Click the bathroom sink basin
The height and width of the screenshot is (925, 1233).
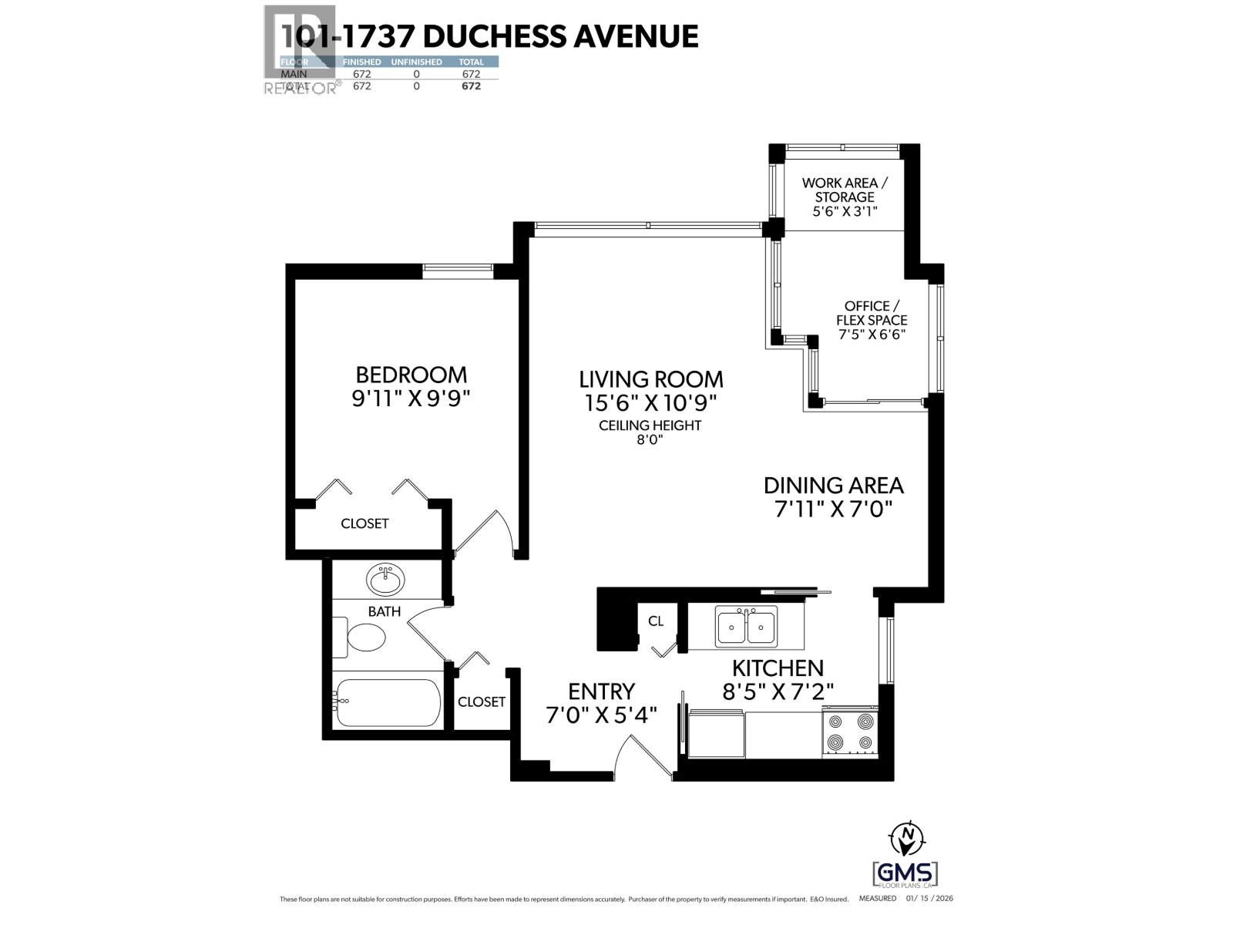pyautogui.click(x=385, y=580)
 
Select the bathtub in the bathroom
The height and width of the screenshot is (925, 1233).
pyautogui.click(x=388, y=702)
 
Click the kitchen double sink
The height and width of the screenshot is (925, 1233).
pyautogui.click(x=746, y=626)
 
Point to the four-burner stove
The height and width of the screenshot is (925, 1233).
pyautogui.click(x=850, y=732)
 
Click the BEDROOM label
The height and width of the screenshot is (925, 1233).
pyautogui.click(x=411, y=375)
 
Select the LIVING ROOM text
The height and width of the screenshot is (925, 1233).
pyautogui.click(x=650, y=379)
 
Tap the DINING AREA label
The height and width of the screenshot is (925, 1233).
pyautogui.click(x=833, y=486)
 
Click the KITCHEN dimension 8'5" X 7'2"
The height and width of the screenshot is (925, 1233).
pyautogui.click(x=778, y=691)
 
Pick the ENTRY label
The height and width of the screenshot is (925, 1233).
pyautogui.click(x=601, y=691)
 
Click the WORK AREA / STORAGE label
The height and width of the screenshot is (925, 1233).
pyautogui.click(x=845, y=190)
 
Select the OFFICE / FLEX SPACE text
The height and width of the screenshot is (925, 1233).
pyautogui.click(x=872, y=313)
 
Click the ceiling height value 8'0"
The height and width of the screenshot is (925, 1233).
pyautogui.click(x=650, y=440)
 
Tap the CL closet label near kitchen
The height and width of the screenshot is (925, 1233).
pyautogui.click(x=656, y=621)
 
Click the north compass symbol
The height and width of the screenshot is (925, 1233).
pyautogui.click(x=907, y=836)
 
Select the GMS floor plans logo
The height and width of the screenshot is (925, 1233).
pyautogui.click(x=905, y=873)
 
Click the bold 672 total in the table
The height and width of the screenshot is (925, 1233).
pyautogui.click(x=471, y=86)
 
